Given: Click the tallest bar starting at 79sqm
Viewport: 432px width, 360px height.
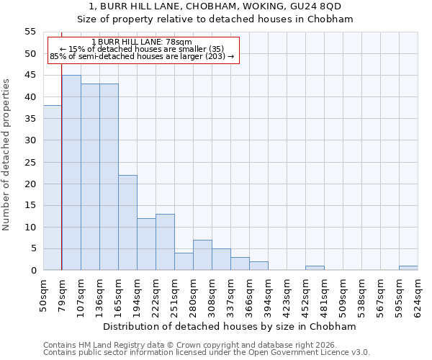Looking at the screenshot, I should [71, 173].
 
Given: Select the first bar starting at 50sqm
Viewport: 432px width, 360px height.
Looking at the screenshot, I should [53, 188].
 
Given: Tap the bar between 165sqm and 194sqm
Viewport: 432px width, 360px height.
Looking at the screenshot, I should [127, 222].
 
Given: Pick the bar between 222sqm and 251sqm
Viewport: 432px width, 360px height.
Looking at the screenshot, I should [165, 242].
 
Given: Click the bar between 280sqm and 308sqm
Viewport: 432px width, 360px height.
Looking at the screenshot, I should [202, 255].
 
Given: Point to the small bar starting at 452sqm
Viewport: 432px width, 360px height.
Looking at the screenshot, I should [315, 268].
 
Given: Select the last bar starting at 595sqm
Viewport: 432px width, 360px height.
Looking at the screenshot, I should [408, 268].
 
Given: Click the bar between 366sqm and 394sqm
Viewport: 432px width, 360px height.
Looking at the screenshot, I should [258, 266].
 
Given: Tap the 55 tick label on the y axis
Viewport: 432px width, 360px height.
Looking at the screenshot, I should [30, 32].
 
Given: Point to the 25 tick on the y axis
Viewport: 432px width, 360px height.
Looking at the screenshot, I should [30, 162].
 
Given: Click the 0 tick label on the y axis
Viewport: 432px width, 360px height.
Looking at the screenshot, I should [32, 271].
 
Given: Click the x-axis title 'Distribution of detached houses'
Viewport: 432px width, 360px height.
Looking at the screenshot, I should [235, 327].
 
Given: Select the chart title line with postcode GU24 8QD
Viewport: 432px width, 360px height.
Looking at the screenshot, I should [215, 6].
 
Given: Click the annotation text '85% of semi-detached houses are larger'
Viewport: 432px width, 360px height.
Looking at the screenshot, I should [142, 56].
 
